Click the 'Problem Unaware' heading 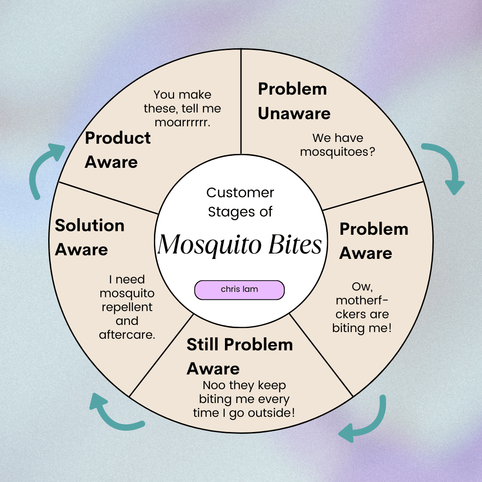click(x=294, y=101)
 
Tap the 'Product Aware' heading click(x=118, y=150)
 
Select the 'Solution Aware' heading click(x=89, y=237)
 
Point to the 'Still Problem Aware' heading click(x=240, y=356)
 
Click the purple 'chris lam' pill click(x=240, y=290)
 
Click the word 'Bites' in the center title click(x=295, y=244)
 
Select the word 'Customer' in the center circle click(x=240, y=193)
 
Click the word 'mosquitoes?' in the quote click(x=337, y=152)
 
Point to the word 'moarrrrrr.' click(x=183, y=122)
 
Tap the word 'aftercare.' click(x=127, y=335)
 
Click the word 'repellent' click(x=127, y=307)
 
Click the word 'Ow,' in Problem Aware click(x=362, y=287)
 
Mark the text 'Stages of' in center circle click(x=240, y=212)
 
